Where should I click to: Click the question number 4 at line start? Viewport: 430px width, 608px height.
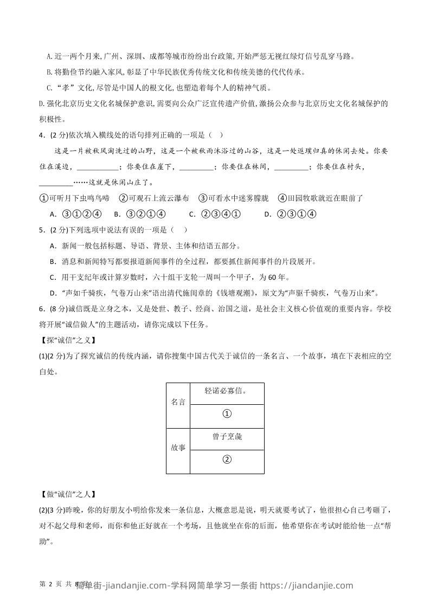[42, 135]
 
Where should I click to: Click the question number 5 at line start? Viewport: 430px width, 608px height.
[42, 230]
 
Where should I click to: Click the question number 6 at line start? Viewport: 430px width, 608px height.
[42, 308]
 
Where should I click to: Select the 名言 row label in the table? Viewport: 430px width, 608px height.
[178, 402]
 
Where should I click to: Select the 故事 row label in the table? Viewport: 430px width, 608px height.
[178, 448]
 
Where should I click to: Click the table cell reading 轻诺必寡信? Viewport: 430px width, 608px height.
[227, 391]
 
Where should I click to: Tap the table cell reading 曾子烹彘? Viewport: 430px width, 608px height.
[227, 437]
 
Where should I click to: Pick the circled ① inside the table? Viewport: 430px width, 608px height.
[227, 414]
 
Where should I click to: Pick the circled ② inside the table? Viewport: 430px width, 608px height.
[227, 460]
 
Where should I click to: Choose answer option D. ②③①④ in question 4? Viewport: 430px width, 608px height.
[290, 214]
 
